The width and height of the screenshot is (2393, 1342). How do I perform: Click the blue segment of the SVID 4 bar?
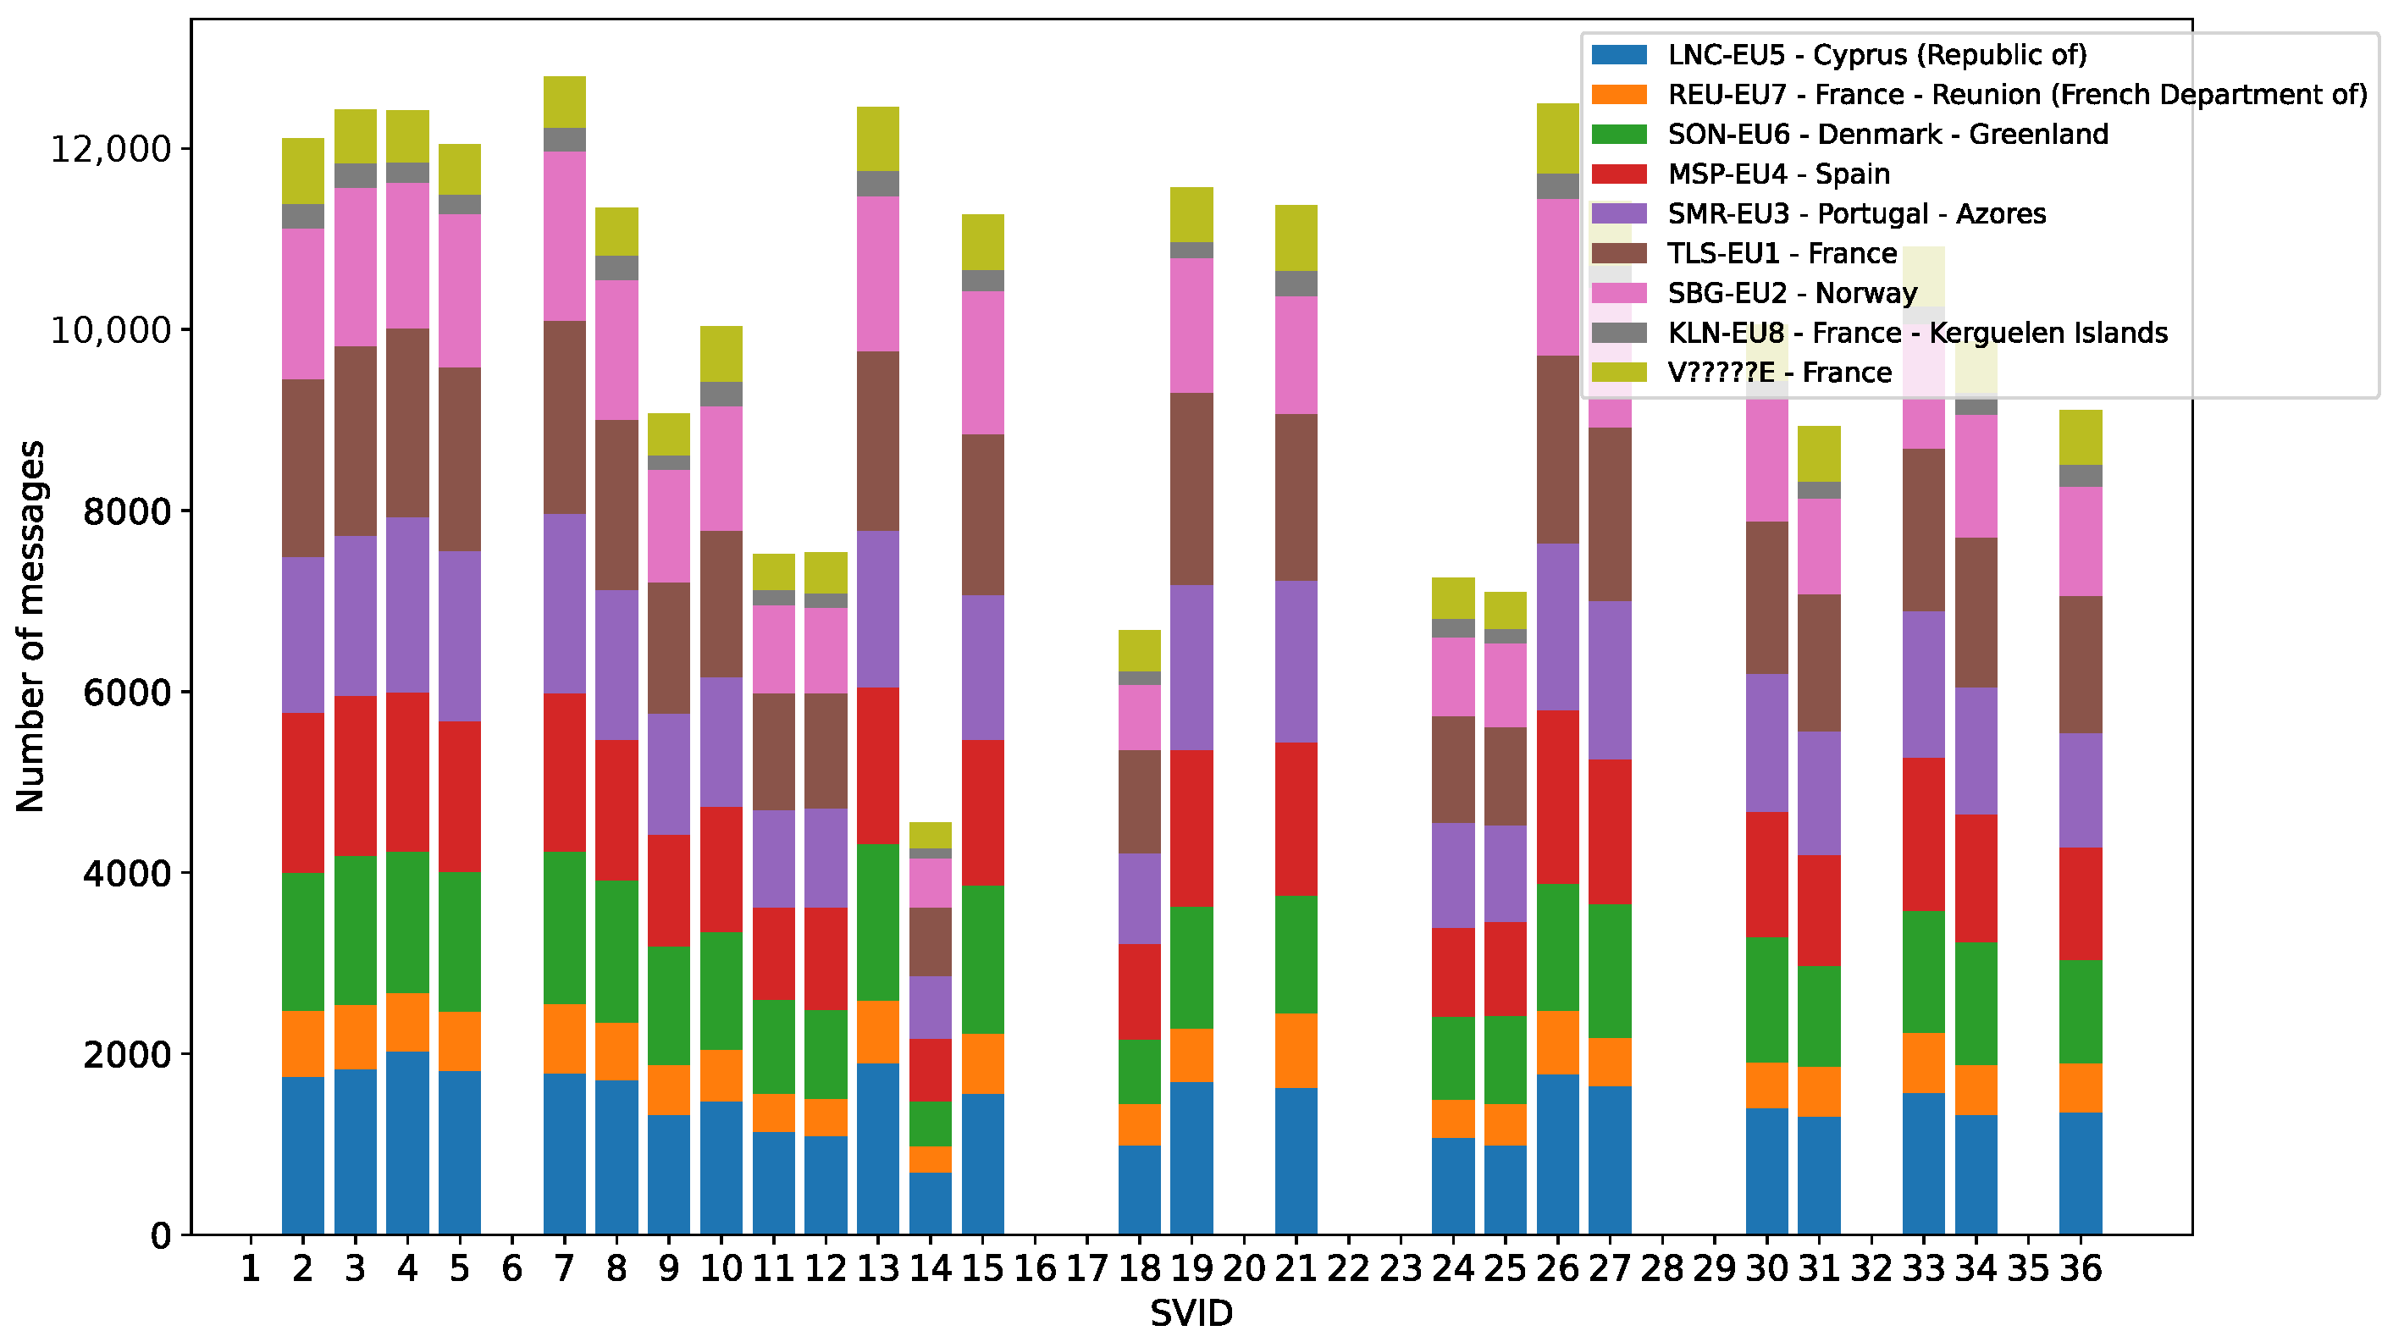pos(408,1143)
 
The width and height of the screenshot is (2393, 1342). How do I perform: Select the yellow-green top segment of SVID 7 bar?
pos(565,102)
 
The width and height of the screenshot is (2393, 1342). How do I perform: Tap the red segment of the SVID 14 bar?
pos(931,1070)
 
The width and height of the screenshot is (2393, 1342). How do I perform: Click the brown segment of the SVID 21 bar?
pos(1296,498)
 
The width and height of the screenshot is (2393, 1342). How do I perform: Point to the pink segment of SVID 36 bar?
pos(2081,541)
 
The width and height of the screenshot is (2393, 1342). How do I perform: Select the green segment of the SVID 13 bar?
pos(878,923)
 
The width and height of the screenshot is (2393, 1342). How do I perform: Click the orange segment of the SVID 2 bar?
pos(303,1044)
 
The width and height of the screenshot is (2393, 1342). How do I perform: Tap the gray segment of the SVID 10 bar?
pos(721,394)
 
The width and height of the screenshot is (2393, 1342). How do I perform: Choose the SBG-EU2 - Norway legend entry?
pos(1754,294)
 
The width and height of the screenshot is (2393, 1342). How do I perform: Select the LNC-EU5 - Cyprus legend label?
pos(1877,55)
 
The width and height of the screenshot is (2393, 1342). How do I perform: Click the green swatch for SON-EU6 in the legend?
pos(1619,135)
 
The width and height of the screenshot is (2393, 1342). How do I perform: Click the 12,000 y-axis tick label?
pos(111,150)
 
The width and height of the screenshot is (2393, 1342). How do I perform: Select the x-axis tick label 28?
pos(1662,1268)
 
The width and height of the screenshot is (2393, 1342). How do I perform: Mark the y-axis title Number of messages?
pos(30,627)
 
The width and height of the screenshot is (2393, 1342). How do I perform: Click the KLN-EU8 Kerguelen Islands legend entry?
pos(1879,334)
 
